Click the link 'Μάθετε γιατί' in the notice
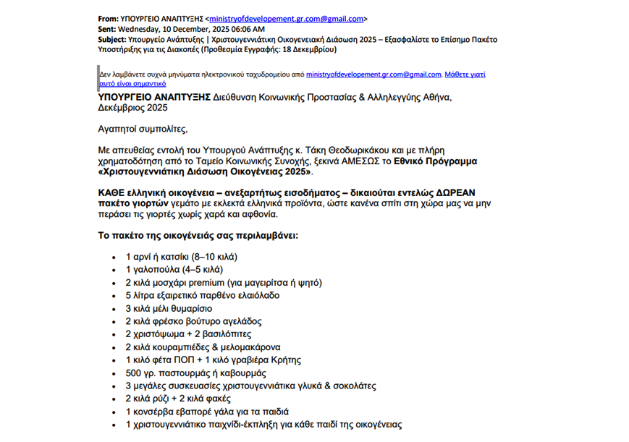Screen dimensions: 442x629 point(465,74)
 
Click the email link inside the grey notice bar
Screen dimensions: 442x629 point(373,74)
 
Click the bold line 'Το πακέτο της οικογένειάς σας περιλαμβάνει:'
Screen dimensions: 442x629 point(197,236)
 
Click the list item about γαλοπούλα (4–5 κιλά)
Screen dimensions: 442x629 point(169,269)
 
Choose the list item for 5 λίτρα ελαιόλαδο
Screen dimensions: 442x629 point(203,295)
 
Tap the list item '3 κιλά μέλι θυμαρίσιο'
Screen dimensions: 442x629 point(169,308)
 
